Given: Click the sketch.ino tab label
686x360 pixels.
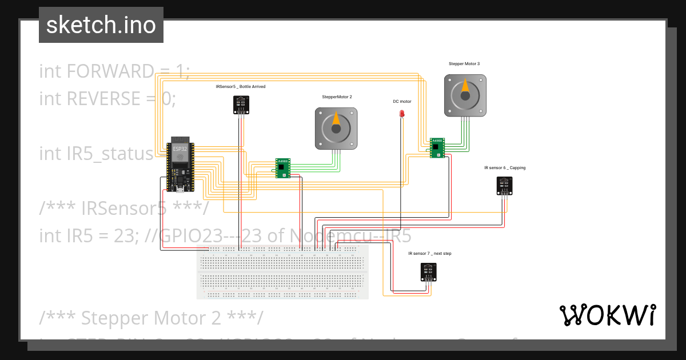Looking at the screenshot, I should point(101,25).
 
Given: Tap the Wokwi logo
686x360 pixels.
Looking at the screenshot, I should point(607,315).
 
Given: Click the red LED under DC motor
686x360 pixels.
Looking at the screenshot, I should point(402,114).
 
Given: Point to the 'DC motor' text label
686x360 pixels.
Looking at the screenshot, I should point(402,101).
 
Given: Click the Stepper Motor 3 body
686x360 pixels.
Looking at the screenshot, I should point(465,95).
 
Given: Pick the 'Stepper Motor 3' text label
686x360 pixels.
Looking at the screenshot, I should point(464,64).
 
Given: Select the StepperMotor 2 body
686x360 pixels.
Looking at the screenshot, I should point(336,129).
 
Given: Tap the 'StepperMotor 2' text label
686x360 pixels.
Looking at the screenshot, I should point(337,97).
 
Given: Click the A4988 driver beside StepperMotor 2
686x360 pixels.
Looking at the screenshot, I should point(282,168).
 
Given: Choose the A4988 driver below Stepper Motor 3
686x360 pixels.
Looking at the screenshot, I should point(437,147).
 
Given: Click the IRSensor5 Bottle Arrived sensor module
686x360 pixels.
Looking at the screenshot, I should point(241,104).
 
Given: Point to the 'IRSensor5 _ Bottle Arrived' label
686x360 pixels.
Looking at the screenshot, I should point(240,87).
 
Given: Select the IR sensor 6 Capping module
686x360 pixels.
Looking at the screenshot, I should point(504,185).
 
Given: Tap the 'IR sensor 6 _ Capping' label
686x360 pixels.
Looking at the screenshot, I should point(505,168).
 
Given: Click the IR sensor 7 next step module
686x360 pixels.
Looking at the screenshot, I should point(428,271).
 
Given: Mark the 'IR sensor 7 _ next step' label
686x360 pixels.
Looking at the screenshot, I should point(429,253).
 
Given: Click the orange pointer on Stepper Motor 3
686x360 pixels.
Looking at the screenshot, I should point(465,87).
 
